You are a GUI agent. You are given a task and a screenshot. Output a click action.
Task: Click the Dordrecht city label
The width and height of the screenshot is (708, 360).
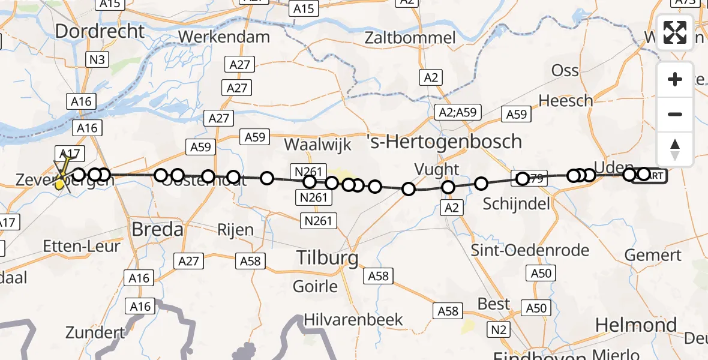[100, 31]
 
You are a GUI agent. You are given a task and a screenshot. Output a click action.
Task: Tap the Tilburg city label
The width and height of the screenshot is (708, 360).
[328, 259]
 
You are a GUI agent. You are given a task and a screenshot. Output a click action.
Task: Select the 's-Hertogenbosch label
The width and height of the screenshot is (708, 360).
[444, 142]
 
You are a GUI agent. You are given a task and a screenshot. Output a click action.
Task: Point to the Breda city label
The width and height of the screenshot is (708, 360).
[157, 229]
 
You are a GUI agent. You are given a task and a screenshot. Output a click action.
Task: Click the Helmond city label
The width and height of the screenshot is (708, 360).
[635, 325]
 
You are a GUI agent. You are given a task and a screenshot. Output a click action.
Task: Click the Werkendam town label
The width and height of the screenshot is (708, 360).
[224, 37]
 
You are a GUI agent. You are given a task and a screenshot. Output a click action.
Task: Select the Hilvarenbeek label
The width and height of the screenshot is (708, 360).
[353, 319]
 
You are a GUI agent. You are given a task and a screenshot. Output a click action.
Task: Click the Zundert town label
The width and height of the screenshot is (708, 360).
[95, 332]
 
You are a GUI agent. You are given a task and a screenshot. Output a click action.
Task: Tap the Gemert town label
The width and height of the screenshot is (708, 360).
[653, 255]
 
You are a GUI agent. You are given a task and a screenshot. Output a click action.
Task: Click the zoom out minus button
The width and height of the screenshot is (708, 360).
[675, 114]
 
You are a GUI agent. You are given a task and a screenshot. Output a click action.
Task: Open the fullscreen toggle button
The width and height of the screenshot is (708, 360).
[675, 32]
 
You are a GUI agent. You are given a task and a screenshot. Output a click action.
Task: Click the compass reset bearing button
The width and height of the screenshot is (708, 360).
[675, 149]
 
